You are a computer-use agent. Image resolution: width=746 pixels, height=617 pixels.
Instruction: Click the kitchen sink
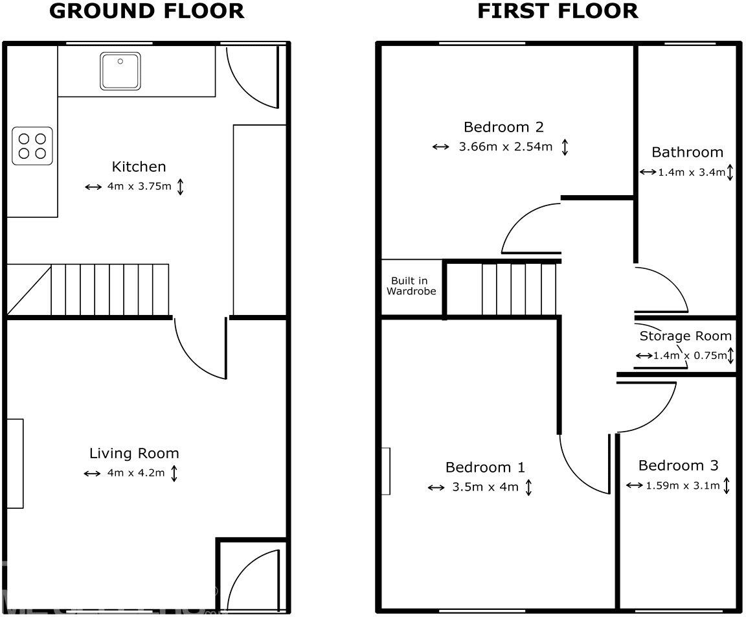[x=120, y=71]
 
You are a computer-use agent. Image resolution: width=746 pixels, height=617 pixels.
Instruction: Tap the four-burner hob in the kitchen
[x=32, y=146]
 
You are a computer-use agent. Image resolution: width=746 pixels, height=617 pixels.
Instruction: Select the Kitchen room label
[x=139, y=167]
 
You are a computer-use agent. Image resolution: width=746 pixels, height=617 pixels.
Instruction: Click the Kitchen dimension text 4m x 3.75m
[x=139, y=187]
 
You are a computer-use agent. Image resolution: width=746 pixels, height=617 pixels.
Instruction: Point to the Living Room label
[x=134, y=453]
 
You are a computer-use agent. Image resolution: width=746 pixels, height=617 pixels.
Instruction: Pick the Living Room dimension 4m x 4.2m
[x=135, y=473]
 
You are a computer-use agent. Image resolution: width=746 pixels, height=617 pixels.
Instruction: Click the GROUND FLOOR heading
[x=147, y=11]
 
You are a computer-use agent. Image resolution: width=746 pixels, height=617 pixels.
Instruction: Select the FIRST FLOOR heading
[x=558, y=11]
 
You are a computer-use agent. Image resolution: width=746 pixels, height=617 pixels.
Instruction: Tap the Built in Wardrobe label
[x=411, y=286]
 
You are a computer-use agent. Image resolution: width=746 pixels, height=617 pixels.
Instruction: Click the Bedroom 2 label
[x=503, y=126]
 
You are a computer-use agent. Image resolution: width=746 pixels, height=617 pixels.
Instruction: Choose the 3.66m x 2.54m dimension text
[x=506, y=146]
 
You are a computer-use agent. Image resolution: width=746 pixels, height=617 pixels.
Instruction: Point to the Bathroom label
[x=687, y=152]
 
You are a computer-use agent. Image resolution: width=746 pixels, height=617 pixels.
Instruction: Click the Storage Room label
[x=685, y=336]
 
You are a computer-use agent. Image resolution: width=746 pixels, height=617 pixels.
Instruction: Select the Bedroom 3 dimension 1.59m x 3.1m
[x=683, y=485]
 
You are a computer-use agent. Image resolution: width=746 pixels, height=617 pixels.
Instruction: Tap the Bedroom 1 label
[x=485, y=467]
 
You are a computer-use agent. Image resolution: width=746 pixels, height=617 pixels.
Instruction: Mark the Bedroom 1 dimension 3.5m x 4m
[x=485, y=487]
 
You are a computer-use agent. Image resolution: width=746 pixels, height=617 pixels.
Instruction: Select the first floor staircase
[x=512, y=288]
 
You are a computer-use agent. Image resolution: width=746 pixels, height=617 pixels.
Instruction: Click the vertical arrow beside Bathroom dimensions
[x=730, y=172]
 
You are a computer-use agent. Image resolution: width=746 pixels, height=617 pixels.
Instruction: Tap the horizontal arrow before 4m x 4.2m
[x=93, y=474]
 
